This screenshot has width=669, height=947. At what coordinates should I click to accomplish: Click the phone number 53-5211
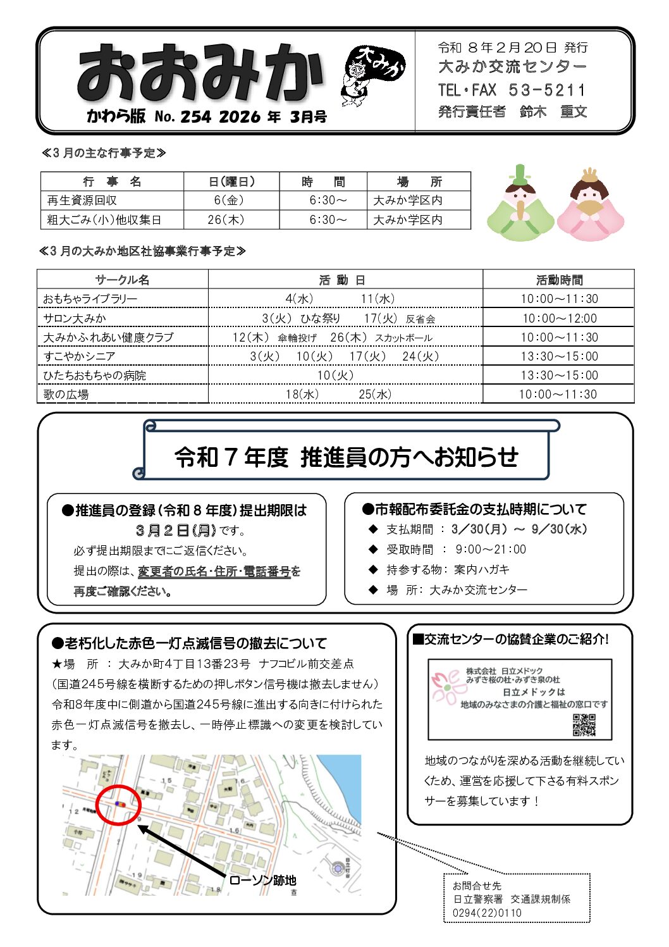point(547,90)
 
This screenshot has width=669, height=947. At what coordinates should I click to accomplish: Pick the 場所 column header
point(419,182)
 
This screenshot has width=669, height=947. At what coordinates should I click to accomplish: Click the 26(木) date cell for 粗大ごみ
point(225,220)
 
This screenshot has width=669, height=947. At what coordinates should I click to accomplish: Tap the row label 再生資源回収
point(82,201)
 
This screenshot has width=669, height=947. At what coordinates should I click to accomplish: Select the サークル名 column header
point(122,280)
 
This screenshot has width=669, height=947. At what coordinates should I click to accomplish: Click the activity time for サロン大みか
point(559,318)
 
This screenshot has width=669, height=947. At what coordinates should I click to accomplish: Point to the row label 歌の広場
point(66,394)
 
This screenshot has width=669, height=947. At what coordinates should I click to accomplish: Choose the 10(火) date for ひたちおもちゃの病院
point(335,375)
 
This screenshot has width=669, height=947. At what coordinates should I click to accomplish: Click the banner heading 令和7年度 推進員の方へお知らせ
point(346,457)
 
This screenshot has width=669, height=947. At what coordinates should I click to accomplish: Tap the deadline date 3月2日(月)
point(175,530)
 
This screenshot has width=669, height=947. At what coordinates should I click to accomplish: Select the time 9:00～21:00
point(491,550)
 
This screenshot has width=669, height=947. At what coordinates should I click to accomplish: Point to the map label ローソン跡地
point(262,880)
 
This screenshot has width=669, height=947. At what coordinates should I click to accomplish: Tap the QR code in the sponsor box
point(584,725)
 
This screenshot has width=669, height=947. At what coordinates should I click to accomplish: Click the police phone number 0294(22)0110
point(487,913)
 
